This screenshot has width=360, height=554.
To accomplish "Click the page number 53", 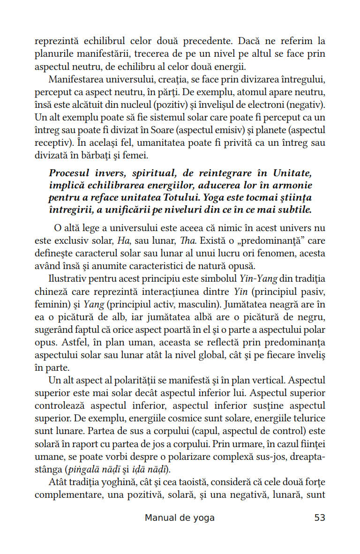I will [320, 518].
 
